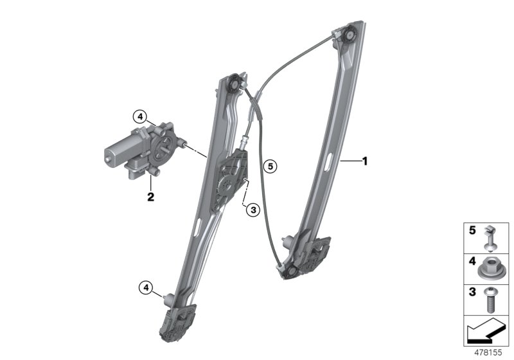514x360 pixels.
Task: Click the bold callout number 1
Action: pyautogui.click(x=364, y=161)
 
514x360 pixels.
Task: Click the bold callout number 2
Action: pyautogui.click(x=150, y=197)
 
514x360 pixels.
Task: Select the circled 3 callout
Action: pyautogui.click(x=253, y=210)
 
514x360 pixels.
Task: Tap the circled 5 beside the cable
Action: pyautogui.click(x=270, y=166)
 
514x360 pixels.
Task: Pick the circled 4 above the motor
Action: pyautogui.click(x=140, y=116)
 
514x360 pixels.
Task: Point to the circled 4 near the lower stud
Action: pyautogui.click(x=146, y=288)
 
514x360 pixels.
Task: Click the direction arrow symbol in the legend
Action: pyautogui.click(x=485, y=330)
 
